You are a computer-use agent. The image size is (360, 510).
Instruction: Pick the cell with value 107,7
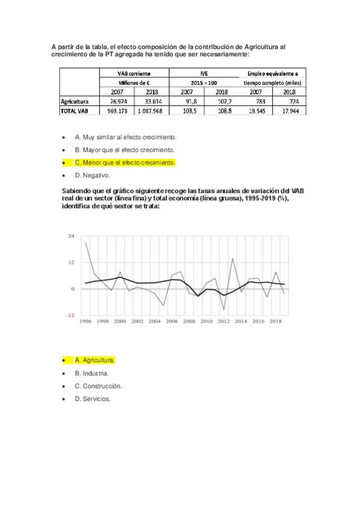224,102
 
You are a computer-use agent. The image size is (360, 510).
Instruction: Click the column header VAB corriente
134,73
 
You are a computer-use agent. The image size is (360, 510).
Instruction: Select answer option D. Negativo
92,176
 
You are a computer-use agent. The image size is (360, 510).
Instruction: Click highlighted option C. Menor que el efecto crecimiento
124,162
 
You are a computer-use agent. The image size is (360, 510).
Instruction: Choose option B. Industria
91,373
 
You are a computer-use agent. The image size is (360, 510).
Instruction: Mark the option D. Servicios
93,398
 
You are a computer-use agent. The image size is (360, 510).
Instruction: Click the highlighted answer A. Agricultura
94,360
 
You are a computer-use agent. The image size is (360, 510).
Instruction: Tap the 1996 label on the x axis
86,322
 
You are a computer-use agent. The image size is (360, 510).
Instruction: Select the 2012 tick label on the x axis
224,322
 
